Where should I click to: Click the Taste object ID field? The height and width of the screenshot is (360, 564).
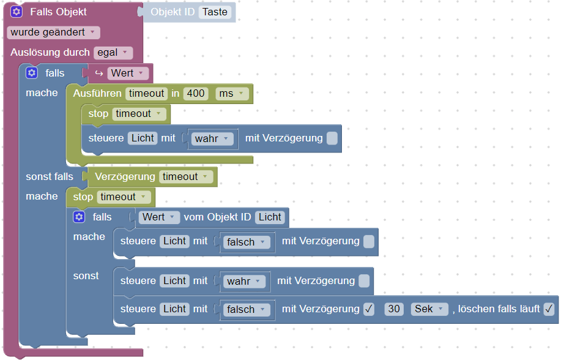215,12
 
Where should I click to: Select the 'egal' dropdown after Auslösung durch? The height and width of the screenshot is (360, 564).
113,53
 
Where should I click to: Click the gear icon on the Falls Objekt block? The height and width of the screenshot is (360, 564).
17,12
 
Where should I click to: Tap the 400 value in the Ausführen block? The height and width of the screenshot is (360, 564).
196,94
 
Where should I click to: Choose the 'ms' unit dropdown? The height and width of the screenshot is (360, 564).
232,94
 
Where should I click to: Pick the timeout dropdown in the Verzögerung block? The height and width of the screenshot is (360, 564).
187,177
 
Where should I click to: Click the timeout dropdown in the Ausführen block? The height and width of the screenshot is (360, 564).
146,94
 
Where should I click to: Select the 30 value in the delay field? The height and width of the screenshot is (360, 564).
395,309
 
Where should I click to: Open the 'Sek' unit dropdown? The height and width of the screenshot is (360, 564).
430,309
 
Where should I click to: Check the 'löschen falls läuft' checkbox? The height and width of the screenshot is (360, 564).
549,309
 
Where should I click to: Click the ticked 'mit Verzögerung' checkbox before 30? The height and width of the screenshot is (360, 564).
368,309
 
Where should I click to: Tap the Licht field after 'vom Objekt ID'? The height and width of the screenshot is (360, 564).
270,217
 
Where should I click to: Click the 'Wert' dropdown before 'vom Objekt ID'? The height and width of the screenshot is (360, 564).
159,217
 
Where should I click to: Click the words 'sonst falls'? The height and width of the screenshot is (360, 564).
50,177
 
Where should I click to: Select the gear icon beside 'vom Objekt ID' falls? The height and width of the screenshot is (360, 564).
78,217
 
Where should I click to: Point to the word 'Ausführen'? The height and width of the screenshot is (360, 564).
97,94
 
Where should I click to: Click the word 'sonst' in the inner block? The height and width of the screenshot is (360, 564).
86,276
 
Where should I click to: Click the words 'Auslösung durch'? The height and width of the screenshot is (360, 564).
50,53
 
